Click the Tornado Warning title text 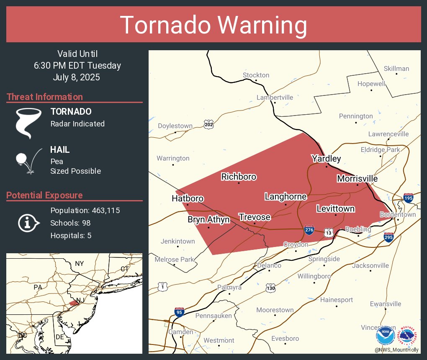pos(213,25)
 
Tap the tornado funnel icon pos(28,123)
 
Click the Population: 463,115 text pos(85,210)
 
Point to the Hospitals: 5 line pos(71,235)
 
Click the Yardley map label pos(326,159)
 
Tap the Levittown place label pos(335,208)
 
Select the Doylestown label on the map pos(175,126)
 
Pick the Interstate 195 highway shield pos(409,198)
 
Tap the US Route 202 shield pos(208,124)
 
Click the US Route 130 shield pos(270,288)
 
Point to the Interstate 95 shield pos(179,312)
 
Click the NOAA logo pos(385,336)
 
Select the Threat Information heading pos(45,97)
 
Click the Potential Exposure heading pos(44,195)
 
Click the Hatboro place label pos(188,198)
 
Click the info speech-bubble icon pos(28,223)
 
